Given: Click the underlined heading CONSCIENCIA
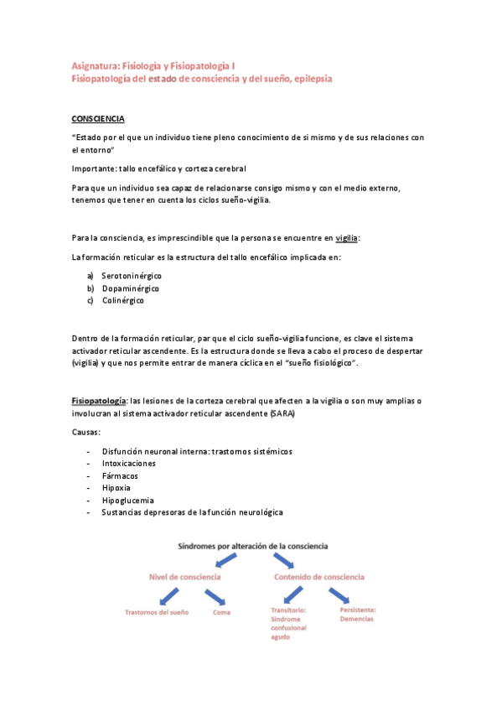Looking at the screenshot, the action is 98,120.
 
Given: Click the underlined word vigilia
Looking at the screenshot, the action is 346,238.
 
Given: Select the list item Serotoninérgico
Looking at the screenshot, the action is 132,275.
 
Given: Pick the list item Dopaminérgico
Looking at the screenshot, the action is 131,288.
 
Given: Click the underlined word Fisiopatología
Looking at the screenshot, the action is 99,402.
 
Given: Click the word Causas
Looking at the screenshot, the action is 85,433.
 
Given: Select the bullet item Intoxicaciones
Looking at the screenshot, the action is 129,463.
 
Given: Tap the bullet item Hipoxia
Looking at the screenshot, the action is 116,487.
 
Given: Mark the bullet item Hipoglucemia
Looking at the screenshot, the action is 127,500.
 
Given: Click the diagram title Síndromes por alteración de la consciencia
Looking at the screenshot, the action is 252,545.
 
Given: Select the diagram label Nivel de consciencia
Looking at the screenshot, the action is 185,577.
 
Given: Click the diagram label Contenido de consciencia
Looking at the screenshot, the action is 319,577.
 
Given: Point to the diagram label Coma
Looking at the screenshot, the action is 223,612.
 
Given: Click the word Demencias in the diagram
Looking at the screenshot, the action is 357,619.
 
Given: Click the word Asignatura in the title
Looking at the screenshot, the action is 94,64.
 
